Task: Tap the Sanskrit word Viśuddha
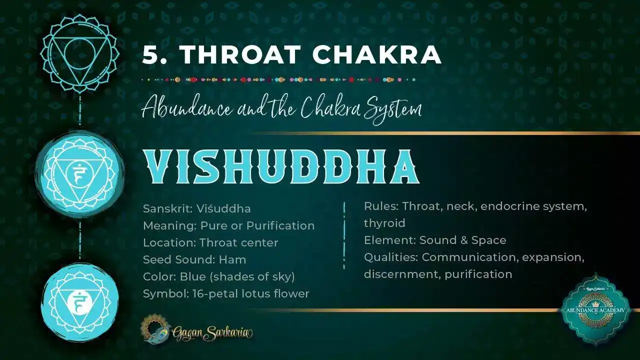click(x=223, y=208)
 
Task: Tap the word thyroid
click(x=384, y=223)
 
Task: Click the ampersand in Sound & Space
click(x=463, y=240)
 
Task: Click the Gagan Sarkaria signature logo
click(x=198, y=330)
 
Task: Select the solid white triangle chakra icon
click(x=79, y=300)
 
